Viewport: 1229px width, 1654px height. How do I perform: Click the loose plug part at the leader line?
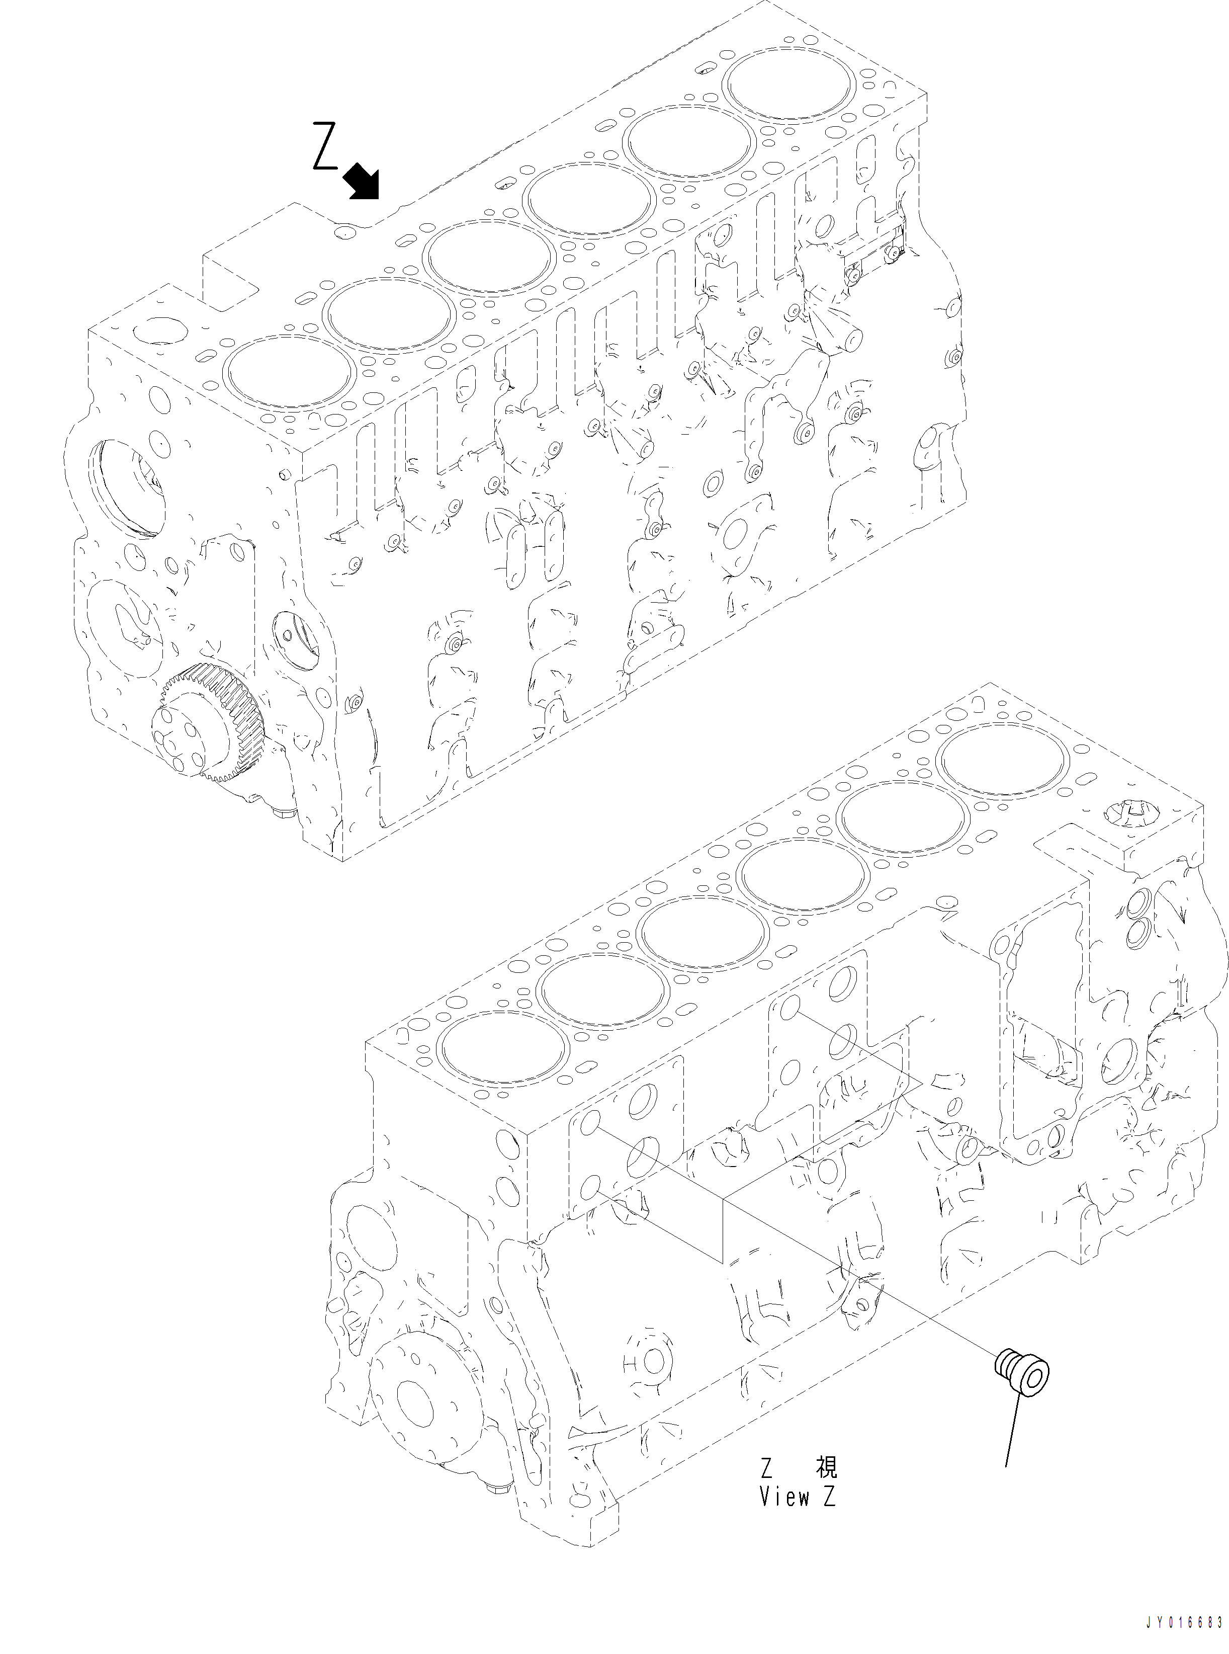point(1024,1375)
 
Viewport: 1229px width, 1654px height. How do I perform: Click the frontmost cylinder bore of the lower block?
point(504,1050)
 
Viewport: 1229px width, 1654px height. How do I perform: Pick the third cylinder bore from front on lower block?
point(704,935)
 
